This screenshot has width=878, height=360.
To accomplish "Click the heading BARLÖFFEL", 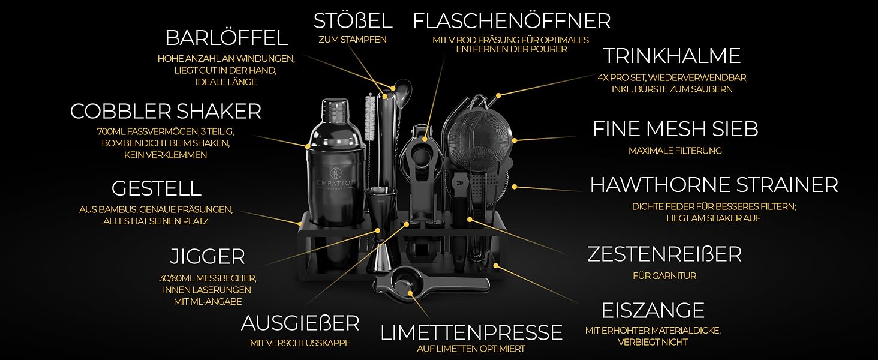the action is (227, 38).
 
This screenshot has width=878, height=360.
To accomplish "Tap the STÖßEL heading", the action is (353, 21).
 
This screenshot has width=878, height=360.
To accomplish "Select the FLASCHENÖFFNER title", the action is (512, 21).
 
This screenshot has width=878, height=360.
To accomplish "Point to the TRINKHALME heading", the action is (672, 56).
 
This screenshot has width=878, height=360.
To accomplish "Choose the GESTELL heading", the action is (157, 188).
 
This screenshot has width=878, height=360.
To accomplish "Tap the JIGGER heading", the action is (208, 257).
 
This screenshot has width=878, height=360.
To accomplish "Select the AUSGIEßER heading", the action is (300, 323).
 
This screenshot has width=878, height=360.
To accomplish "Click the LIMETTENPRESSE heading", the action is (471, 332).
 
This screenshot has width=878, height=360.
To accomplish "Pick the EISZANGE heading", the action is (653, 311).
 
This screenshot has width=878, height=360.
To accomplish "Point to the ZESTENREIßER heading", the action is (664, 254).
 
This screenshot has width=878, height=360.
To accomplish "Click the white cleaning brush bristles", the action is (369, 117).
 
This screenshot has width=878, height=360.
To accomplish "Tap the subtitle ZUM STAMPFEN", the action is (353, 40).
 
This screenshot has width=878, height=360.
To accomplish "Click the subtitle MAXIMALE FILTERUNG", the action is (675, 151).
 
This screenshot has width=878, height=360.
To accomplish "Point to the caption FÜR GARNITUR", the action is (664, 276).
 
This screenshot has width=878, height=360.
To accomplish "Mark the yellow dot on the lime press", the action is (410, 293).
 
